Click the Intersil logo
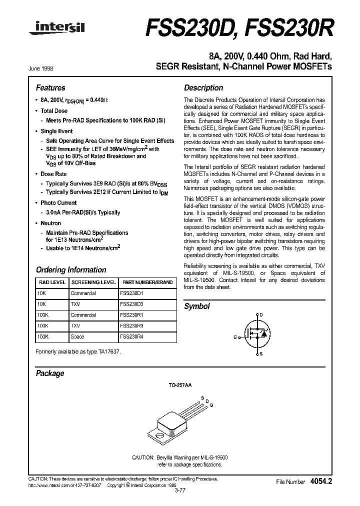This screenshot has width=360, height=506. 55,31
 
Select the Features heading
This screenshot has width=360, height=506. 50,87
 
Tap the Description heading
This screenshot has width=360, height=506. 203,87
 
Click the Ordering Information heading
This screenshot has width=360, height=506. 70,269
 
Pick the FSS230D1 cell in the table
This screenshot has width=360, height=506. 131,293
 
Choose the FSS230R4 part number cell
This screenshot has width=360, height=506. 131,337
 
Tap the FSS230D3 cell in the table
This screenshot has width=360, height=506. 131,304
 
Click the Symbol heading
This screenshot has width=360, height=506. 197,306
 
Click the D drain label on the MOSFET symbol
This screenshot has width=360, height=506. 260,314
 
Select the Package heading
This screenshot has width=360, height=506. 50,373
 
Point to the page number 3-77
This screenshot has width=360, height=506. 180,490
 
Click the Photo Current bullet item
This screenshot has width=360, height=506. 58,202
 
